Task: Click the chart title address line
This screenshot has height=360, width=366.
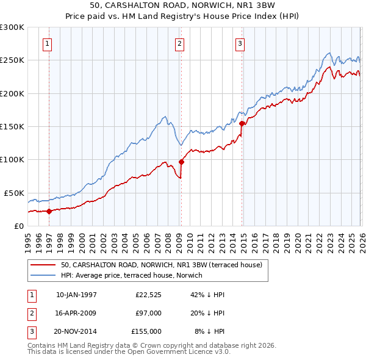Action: (182, 5)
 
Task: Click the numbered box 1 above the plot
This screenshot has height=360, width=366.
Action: (48, 43)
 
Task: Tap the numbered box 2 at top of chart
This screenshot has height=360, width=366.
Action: (180, 43)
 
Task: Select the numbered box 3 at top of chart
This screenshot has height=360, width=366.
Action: (240, 43)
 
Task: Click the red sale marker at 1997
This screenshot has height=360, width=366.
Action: (49, 211)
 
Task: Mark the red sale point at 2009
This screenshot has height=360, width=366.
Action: (181, 162)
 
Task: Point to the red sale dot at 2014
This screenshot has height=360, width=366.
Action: (242, 123)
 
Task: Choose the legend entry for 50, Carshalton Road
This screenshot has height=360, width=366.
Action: (161, 265)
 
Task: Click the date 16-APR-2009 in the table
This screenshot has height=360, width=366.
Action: (76, 313)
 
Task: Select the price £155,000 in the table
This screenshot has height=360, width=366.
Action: (146, 331)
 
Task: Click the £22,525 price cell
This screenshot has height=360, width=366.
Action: (148, 295)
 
